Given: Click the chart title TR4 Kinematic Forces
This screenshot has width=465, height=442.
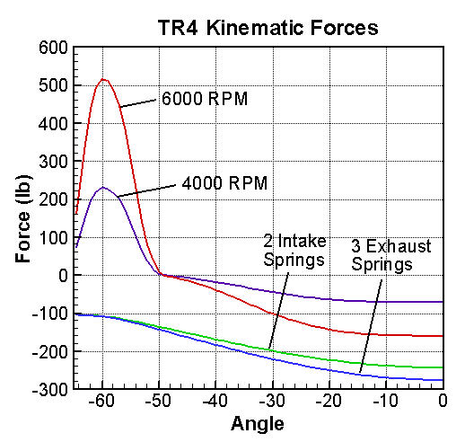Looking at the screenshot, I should click(260, 28).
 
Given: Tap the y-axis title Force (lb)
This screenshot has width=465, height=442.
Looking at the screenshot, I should click(24, 218).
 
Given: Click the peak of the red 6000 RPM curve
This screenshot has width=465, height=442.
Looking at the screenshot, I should click(104, 79).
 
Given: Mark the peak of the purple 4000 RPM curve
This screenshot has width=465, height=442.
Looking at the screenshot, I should click(103, 187).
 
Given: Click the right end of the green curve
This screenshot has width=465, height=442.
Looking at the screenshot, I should click(443, 367).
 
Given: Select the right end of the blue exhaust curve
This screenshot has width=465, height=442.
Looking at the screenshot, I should click(443, 380).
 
